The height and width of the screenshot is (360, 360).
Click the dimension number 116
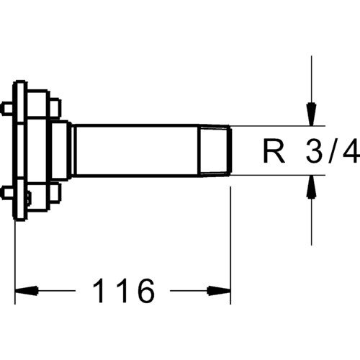[124, 291]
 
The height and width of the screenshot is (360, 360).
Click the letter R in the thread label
[274, 150]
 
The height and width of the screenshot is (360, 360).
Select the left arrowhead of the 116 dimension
[27, 291]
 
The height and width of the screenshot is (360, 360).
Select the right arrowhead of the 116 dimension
[219, 291]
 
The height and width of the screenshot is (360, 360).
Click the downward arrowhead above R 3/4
[312, 114]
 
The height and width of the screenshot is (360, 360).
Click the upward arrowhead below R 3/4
[312, 187]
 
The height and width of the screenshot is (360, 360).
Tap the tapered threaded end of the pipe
[215, 150]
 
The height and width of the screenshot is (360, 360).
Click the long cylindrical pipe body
[137, 150]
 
